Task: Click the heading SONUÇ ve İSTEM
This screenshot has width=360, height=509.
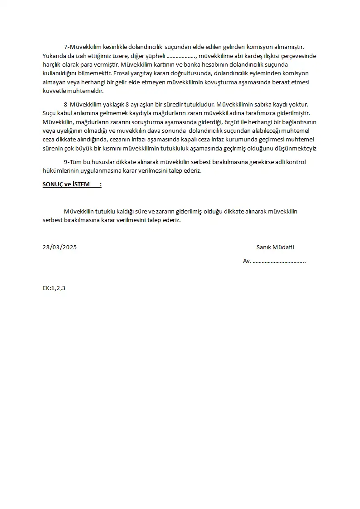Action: (66, 184)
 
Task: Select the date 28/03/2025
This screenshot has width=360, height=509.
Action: (59, 247)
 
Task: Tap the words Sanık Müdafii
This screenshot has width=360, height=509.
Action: (275, 247)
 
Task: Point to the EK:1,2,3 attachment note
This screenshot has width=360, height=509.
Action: (54, 288)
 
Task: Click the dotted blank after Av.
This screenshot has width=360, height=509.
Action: (279, 261)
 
